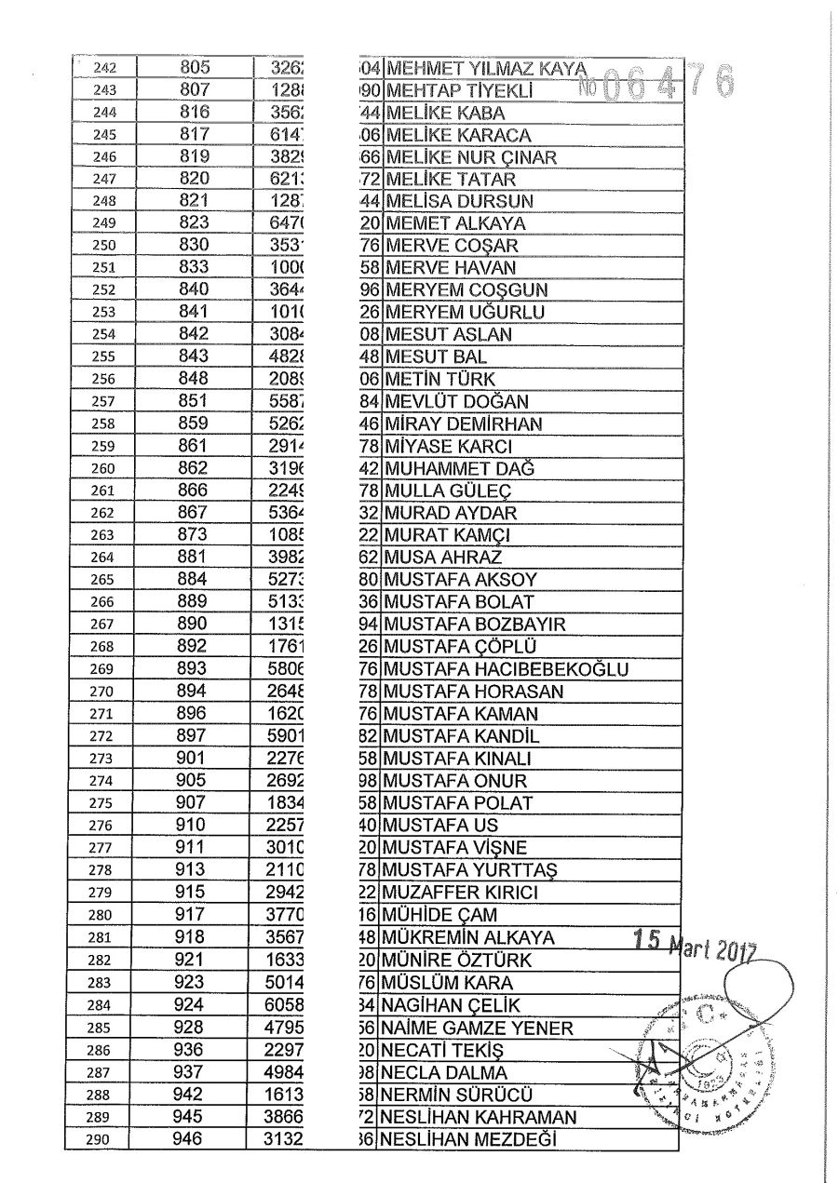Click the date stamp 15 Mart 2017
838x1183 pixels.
click(693, 945)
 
